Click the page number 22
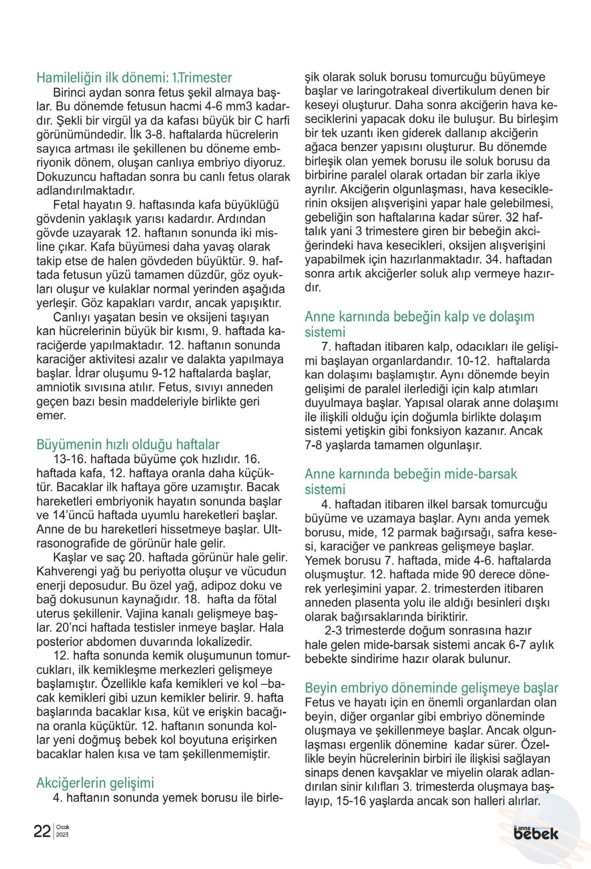pyautogui.click(x=42, y=831)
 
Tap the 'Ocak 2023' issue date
pyautogui.click(x=63, y=831)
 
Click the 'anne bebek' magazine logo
pyautogui.click(x=536, y=832)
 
